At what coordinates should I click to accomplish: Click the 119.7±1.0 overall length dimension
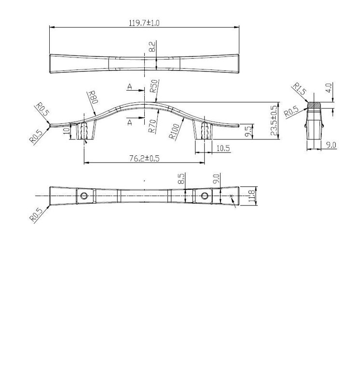[144, 23]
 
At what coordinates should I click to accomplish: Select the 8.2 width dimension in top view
[152, 47]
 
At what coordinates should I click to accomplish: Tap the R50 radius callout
[154, 86]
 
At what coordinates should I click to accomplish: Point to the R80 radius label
[93, 97]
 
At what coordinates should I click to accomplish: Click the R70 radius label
[152, 126]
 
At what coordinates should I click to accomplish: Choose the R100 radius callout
[174, 131]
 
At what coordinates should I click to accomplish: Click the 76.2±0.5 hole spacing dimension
[144, 158]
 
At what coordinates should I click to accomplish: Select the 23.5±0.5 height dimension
[274, 121]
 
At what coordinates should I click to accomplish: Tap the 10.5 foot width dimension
[223, 148]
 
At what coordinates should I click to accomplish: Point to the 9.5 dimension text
[249, 131]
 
